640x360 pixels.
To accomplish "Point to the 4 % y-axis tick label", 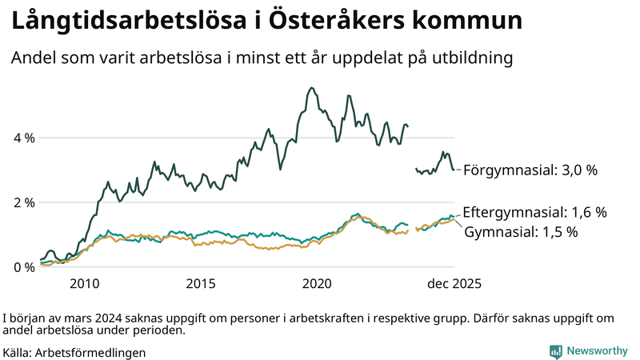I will point(25,138).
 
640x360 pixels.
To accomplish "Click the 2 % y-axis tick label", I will point(25,202).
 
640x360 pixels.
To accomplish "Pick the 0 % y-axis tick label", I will point(25,267).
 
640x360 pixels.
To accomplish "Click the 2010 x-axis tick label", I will point(85,283).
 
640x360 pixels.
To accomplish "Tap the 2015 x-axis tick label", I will point(201,283).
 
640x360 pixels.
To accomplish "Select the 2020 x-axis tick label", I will point(318,283).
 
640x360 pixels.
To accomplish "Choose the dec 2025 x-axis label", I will point(453,283).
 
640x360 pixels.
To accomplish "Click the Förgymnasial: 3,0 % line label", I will point(530,170).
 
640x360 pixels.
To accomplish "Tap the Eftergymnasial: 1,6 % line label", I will point(534,212).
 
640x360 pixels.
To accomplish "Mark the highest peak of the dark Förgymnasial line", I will point(311,88).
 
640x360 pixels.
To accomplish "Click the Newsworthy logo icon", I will point(555,350).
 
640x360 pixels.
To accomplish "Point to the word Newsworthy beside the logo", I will point(597,350).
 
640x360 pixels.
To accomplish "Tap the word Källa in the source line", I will point(18,352).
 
